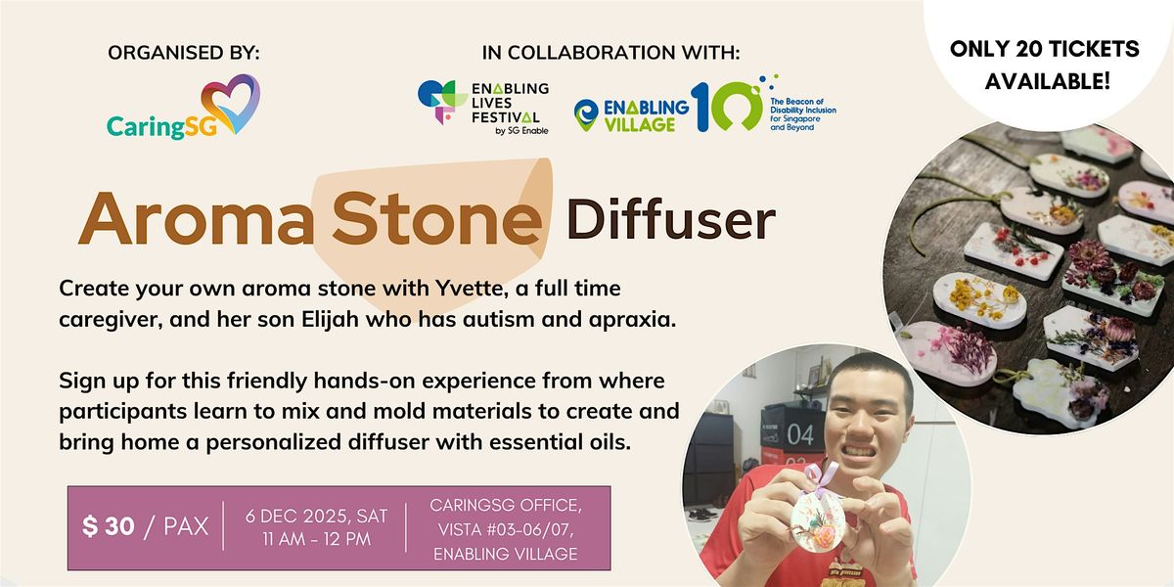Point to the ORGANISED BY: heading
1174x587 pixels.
pyautogui.click(x=184, y=53)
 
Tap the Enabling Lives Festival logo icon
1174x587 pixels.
pyautogui.click(x=436, y=102)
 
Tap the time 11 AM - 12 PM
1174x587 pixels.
pyautogui.click(x=315, y=539)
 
